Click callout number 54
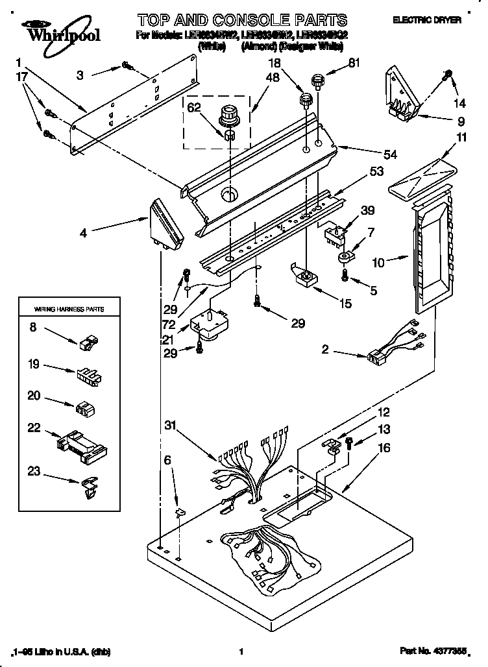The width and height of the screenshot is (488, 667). click(x=372, y=154)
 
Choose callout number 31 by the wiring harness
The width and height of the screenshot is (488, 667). click(x=170, y=426)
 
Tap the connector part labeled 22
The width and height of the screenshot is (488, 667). click(x=80, y=446)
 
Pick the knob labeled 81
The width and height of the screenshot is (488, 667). click(x=317, y=82)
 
